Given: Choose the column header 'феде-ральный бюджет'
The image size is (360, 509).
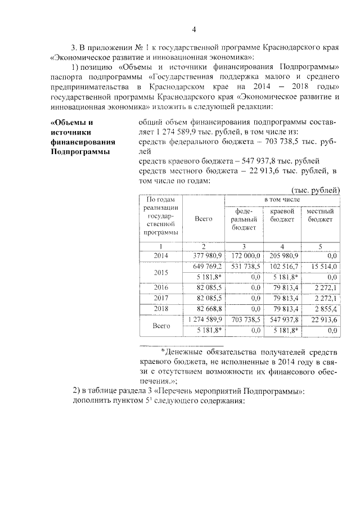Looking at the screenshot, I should (x=244, y=219).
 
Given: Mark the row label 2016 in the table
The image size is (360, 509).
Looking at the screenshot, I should (x=161, y=287).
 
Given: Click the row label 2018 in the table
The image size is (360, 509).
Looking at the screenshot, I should (x=161, y=309).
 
